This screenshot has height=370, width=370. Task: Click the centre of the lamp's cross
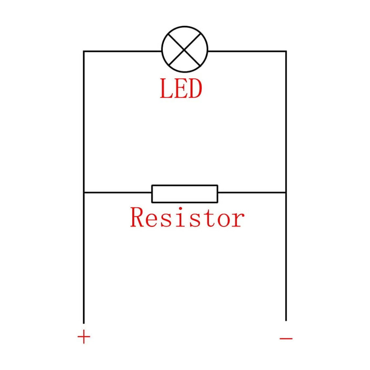(185, 49)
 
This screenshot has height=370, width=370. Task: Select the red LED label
(181, 89)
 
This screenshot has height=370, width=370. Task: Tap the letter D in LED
(195, 89)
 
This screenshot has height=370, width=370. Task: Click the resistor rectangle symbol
(185, 194)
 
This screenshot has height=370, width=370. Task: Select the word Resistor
(187, 217)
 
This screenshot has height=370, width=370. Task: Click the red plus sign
(84, 337)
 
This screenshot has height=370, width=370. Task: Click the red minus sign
(286, 339)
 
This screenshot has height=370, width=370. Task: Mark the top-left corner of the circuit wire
(84, 51)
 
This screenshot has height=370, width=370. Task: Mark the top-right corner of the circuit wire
(286, 51)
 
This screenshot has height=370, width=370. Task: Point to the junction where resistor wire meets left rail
(84, 193)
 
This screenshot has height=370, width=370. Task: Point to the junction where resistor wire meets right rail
(286, 193)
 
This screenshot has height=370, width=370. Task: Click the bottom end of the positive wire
(84, 323)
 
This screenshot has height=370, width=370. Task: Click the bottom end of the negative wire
(286, 321)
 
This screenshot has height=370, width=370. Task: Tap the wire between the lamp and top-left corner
(123, 51)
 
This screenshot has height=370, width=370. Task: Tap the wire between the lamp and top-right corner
(247, 51)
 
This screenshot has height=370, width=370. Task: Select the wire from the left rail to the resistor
(117, 193)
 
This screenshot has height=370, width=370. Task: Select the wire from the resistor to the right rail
(252, 193)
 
